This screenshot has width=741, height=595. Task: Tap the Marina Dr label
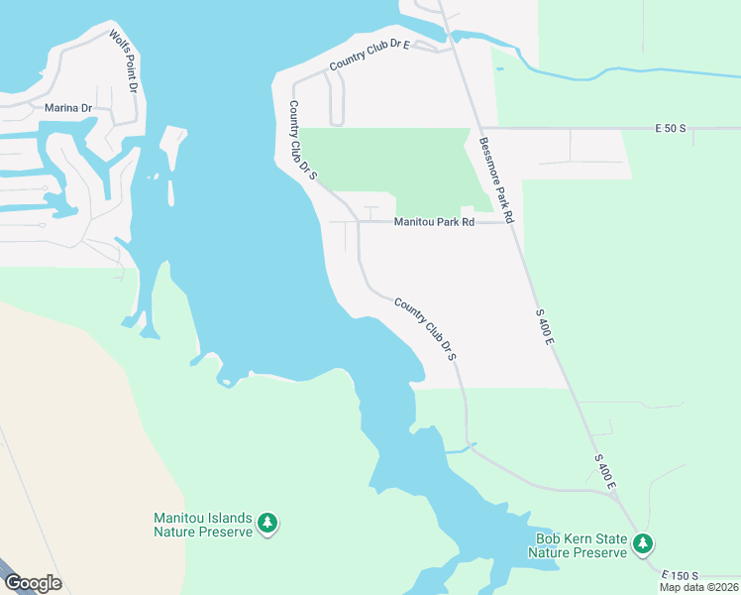(67, 107)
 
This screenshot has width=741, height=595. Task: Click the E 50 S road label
(671, 129)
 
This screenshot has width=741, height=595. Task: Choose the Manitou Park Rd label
(434, 222)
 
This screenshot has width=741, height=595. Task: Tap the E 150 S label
(683, 576)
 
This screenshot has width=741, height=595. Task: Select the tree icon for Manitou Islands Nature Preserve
(266, 523)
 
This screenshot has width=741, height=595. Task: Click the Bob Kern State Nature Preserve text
(578, 545)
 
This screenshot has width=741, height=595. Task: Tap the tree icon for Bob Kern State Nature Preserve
(643, 543)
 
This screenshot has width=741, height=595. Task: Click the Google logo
(32, 583)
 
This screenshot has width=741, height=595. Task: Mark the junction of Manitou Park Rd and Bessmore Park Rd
(508, 222)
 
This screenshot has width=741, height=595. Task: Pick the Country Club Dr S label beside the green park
(302, 141)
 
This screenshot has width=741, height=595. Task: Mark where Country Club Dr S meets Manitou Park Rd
(358, 222)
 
